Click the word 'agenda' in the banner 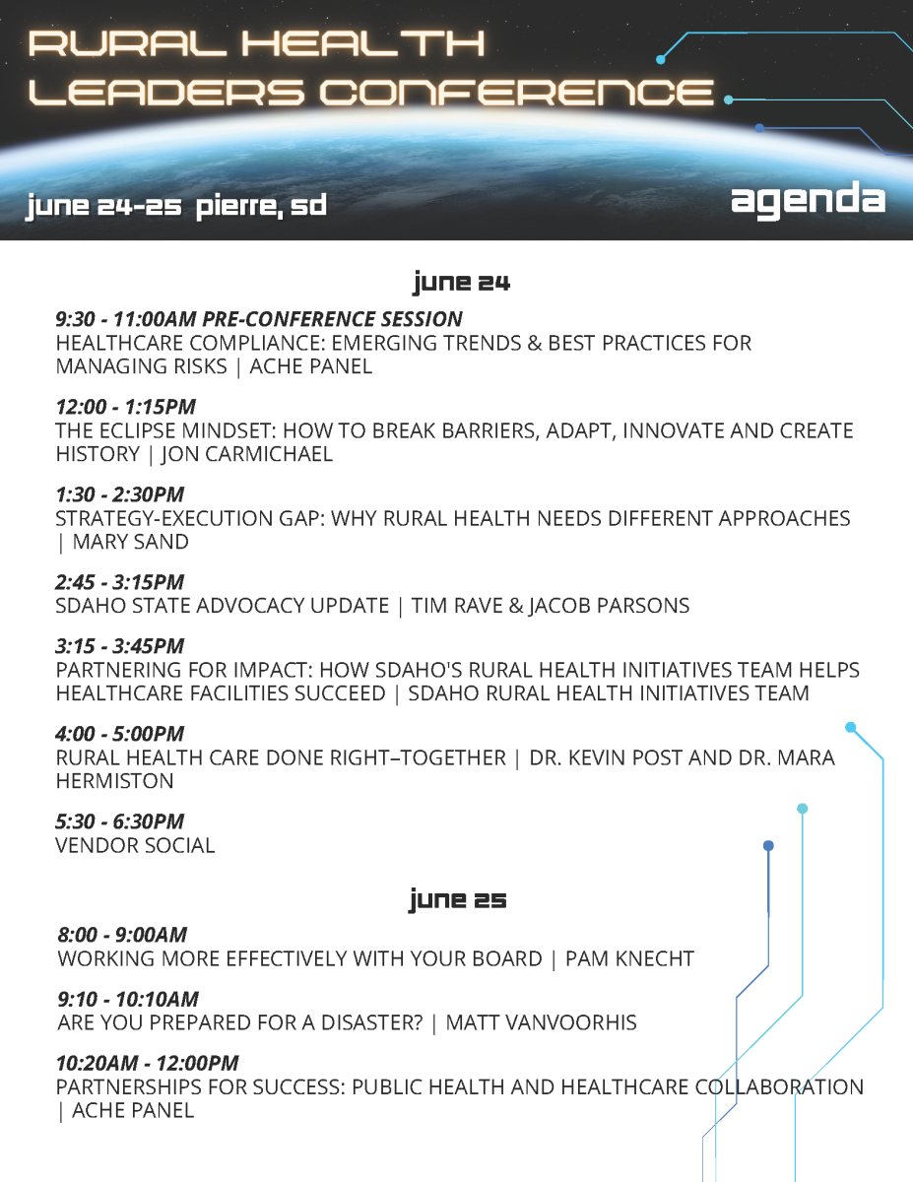[808, 200]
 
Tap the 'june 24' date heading [461, 283]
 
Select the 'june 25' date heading [458, 899]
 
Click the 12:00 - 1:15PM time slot [126, 407]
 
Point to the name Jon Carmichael [247, 454]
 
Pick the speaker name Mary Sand [131, 542]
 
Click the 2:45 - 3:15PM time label [119, 582]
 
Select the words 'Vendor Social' [135, 845]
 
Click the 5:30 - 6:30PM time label [119, 821]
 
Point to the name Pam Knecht [629, 958]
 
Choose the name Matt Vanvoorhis [541, 1022]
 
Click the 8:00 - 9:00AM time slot [122, 935]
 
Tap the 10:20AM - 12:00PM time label [148, 1063]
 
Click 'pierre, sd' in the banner [261, 206]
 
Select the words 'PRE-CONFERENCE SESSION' [332, 319]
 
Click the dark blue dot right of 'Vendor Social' [768, 845]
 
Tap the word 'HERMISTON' [114, 781]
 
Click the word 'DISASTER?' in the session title [372, 1022]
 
